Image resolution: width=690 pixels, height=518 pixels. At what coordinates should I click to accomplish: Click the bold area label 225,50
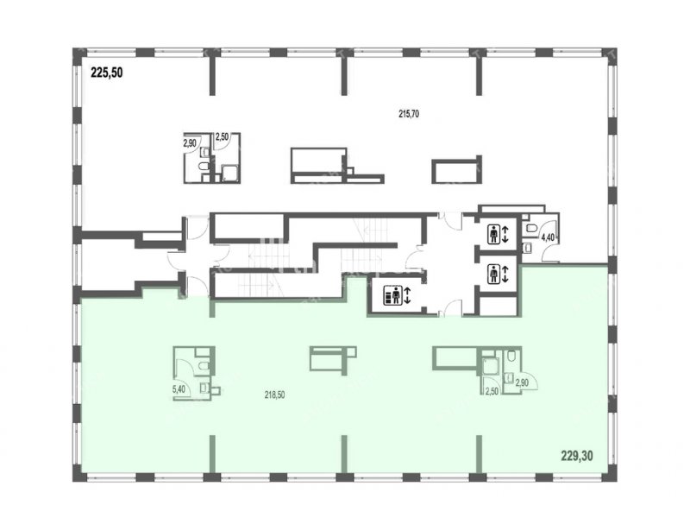pyautogui.click(x=106, y=73)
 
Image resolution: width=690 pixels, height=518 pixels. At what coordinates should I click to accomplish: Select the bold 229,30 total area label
pyautogui.click(x=577, y=456)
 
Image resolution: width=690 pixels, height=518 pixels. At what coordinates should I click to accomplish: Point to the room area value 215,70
pyautogui.click(x=409, y=114)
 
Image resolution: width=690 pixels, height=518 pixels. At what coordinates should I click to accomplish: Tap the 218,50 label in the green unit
pyautogui.click(x=274, y=395)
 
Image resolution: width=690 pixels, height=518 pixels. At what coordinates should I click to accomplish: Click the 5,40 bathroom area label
pyautogui.click(x=179, y=389)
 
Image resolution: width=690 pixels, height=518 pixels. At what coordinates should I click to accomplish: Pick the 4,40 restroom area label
pyautogui.click(x=548, y=237)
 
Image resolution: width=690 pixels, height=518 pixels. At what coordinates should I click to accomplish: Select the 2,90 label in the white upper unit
pyautogui.click(x=190, y=142)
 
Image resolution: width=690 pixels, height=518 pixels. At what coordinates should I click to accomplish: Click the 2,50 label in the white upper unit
pyautogui.click(x=222, y=137)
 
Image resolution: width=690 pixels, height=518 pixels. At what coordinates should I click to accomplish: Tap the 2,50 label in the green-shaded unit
pyautogui.click(x=491, y=391)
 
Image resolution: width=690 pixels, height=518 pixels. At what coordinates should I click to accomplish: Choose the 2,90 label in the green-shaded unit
pyautogui.click(x=522, y=382)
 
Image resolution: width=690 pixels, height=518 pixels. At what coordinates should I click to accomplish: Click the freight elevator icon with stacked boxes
pyautogui.click(x=393, y=294)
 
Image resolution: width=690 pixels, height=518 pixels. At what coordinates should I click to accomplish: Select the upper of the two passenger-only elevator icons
pyautogui.click(x=493, y=234)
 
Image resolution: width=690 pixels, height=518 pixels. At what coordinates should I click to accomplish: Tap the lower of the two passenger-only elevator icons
pyautogui.click(x=493, y=274)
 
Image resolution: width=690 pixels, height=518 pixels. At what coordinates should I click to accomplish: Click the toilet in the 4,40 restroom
pyautogui.click(x=531, y=228)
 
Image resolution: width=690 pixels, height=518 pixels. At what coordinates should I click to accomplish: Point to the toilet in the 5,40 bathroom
pyautogui.click(x=204, y=365)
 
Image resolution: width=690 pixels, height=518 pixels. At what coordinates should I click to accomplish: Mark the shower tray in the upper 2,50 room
pyautogui.click(x=229, y=173)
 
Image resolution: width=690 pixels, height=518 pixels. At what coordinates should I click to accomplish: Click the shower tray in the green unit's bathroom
pyautogui.click(x=489, y=366)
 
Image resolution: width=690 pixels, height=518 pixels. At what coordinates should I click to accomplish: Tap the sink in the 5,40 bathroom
pyautogui.click(x=204, y=388)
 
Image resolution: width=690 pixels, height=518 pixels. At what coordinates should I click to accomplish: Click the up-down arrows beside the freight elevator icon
pyautogui.click(x=407, y=294)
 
